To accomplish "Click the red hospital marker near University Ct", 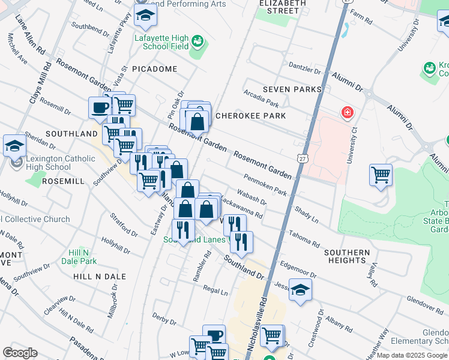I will pyautogui.click(x=346, y=112).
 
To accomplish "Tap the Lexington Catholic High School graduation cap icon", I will pyautogui.click(x=14, y=146).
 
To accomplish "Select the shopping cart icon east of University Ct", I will pyautogui.click(x=381, y=175).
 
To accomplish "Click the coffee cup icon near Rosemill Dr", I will pyautogui.click(x=100, y=108).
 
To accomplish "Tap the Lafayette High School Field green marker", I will pyautogui.click(x=197, y=42).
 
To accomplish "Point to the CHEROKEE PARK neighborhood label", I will pyautogui.click(x=250, y=115).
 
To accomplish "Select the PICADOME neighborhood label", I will pyautogui.click(x=155, y=69).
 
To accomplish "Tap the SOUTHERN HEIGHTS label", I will pyautogui.click(x=347, y=256).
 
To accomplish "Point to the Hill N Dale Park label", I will pyautogui.click(x=83, y=257).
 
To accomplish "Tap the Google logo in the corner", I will pyautogui.click(x=20, y=352).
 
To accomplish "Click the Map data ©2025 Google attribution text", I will pyautogui.click(x=412, y=355).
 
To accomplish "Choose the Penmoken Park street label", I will pyautogui.click(x=265, y=184).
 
